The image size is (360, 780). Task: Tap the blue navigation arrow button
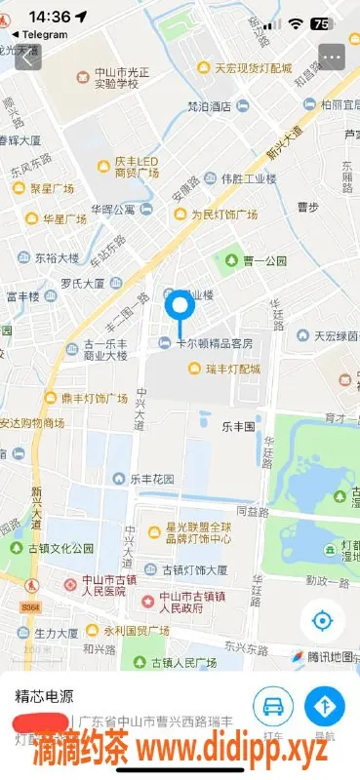coord(325,706)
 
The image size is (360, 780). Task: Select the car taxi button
coord(273,706)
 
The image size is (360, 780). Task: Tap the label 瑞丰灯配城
coord(233,370)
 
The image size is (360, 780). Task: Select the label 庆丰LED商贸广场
coord(137,167)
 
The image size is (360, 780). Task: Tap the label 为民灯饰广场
coord(223,214)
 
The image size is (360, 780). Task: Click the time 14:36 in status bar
coord(50,17)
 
